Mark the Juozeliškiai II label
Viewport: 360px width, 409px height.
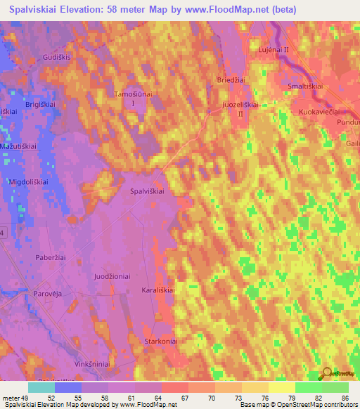click(241, 108)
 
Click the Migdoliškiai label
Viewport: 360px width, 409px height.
click(27, 181)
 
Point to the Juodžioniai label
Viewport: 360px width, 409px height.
click(112, 277)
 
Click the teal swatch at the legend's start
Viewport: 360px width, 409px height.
click(41, 387)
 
